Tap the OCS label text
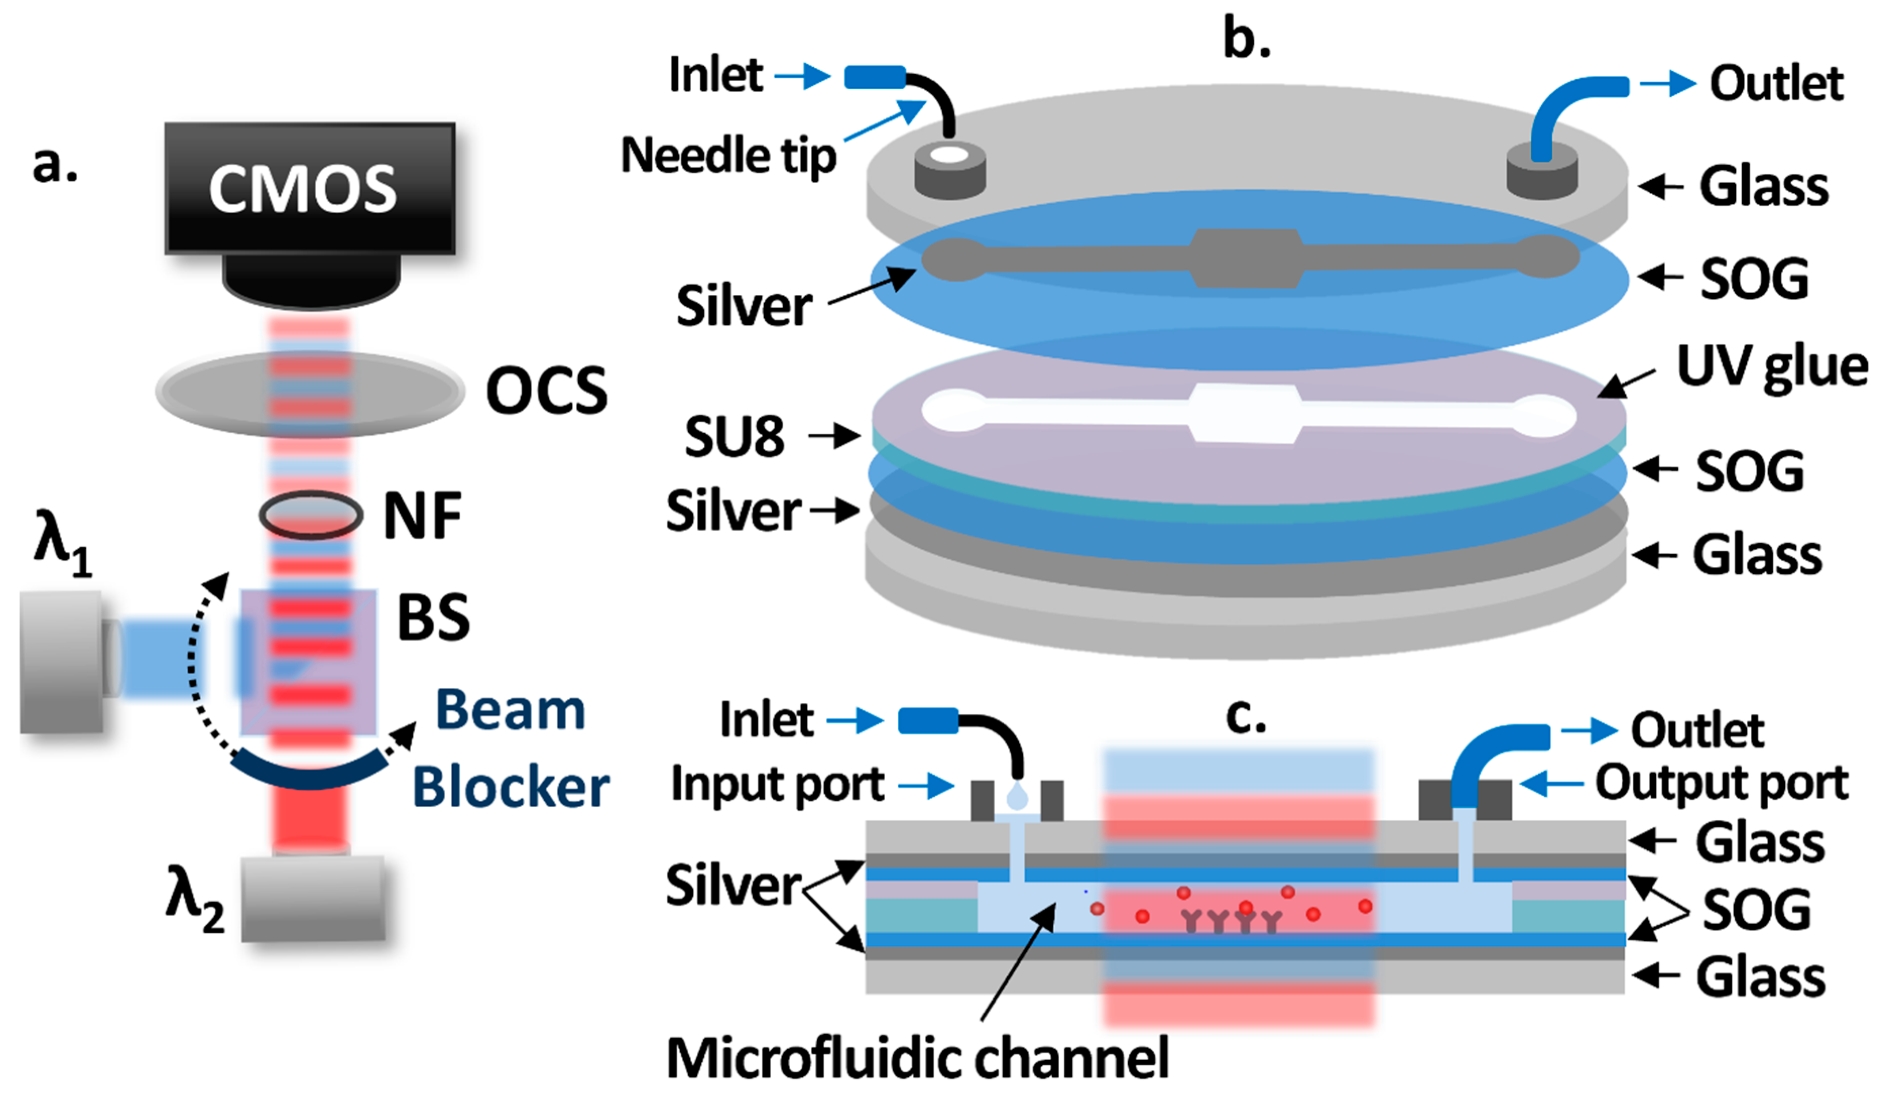[546, 391]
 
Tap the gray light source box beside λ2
[313, 898]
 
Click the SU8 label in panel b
[734, 436]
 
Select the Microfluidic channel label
[918, 1059]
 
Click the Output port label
[1721, 783]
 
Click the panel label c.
[1245, 716]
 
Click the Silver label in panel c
[734, 885]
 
